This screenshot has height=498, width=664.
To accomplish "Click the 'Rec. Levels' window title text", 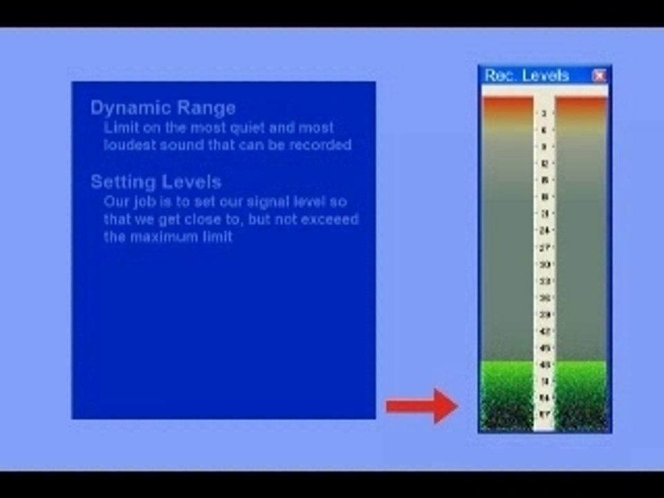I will (x=526, y=75).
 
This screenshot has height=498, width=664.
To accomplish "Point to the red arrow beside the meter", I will (x=421, y=406).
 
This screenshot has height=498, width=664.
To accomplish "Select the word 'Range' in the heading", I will (x=206, y=108).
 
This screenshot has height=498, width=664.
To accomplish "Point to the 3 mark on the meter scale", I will (x=544, y=113).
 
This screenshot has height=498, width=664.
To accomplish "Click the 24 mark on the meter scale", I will (x=544, y=230).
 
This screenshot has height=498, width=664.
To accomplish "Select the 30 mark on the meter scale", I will (x=544, y=264).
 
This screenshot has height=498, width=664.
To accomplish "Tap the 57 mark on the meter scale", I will (x=544, y=415).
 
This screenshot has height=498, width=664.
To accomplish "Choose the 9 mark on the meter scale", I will (x=544, y=147).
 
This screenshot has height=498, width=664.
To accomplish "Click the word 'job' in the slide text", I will (x=140, y=202).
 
